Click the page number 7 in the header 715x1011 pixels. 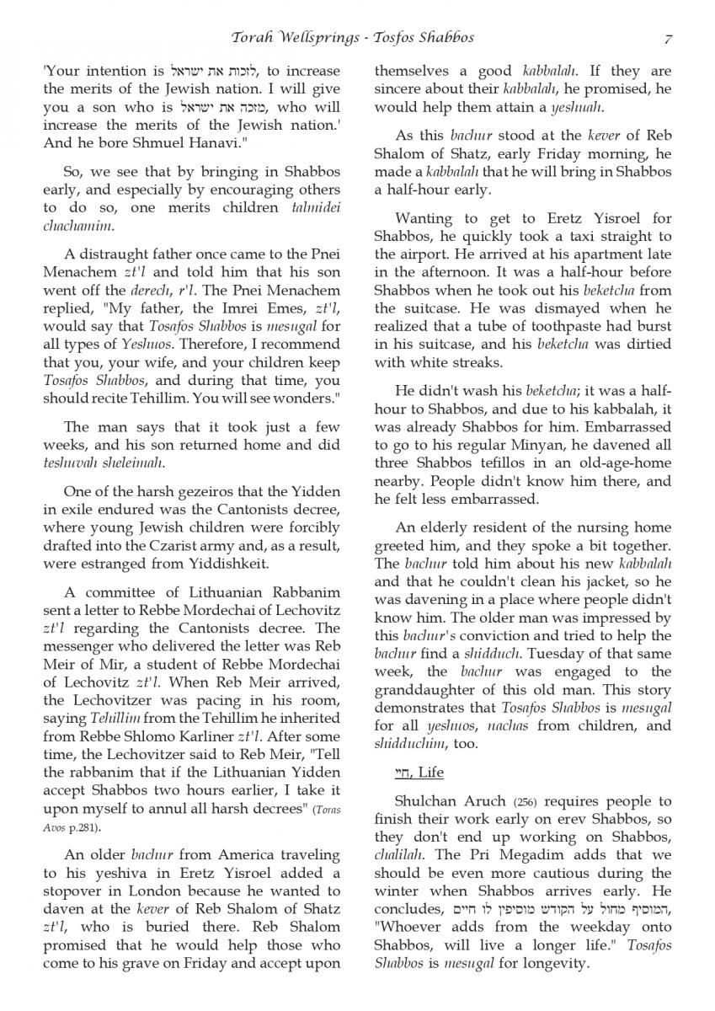[667, 38]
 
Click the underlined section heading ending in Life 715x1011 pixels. [408, 772]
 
